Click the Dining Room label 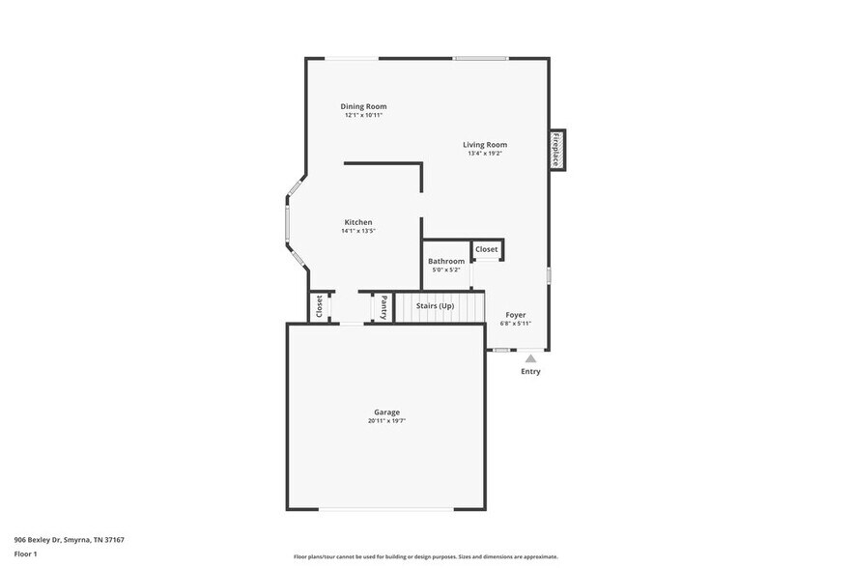point(364,106)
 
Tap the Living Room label point(485,145)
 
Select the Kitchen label point(358,222)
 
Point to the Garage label point(386,412)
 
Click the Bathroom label point(446,261)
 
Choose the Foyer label point(516,315)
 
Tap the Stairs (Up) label point(435,306)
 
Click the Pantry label point(383,307)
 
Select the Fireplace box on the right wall point(556,150)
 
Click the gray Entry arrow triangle point(530,358)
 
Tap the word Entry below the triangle point(530,372)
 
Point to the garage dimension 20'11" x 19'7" point(386,421)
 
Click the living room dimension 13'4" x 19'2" point(485,154)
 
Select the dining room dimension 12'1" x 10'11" point(364,115)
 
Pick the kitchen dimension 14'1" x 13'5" point(358,231)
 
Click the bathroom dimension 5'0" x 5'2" point(446,270)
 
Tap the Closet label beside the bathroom point(487,249)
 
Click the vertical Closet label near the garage point(319,306)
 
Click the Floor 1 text point(25,554)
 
